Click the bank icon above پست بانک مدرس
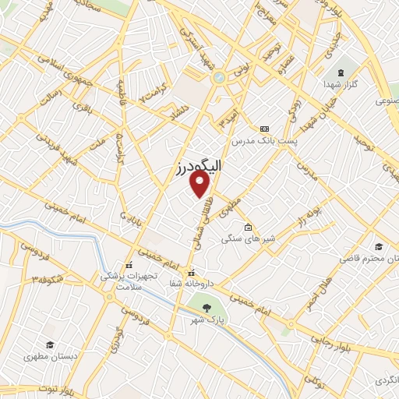pyautogui.click(x=265, y=128)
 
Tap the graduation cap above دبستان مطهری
pyautogui.click(x=51, y=344)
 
